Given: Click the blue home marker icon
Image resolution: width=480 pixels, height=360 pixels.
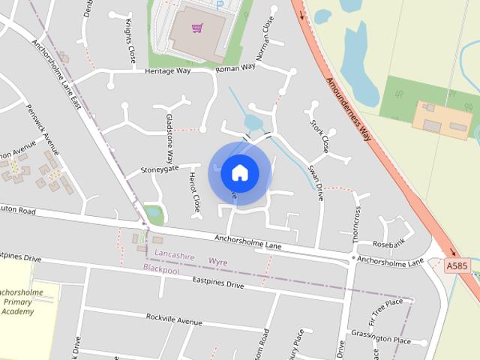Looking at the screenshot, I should tap(239, 172).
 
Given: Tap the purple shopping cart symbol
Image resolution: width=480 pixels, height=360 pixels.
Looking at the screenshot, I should tap(196, 28).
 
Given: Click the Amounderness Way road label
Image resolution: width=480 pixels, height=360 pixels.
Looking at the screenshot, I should tap(349, 109).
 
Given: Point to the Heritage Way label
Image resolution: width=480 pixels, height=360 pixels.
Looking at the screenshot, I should tap(168, 71).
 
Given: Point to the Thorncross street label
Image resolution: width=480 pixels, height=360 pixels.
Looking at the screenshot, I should tap(355, 225).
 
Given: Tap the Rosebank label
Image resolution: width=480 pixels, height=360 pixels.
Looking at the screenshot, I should tap(388, 243).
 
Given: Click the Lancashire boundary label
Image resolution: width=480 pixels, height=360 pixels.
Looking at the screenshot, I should tap(169, 256).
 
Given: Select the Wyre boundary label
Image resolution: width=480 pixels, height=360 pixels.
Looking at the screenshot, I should tap(218, 262).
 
